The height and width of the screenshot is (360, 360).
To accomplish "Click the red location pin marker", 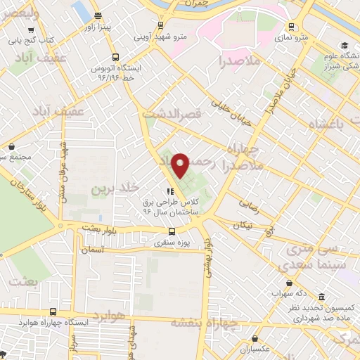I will pyautogui.click(x=181, y=166).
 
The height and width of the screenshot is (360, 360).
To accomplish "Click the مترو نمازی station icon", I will pyautogui.click(x=290, y=27).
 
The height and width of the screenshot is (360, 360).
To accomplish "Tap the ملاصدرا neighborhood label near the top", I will pyautogui.click(x=240, y=61).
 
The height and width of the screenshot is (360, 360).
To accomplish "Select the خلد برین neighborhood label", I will pyautogui.click(x=112, y=189).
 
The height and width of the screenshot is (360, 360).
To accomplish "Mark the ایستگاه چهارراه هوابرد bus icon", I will pyautogui.click(x=53, y=311).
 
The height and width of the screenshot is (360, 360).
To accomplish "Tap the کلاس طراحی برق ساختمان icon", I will pyautogui.click(x=169, y=191).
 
